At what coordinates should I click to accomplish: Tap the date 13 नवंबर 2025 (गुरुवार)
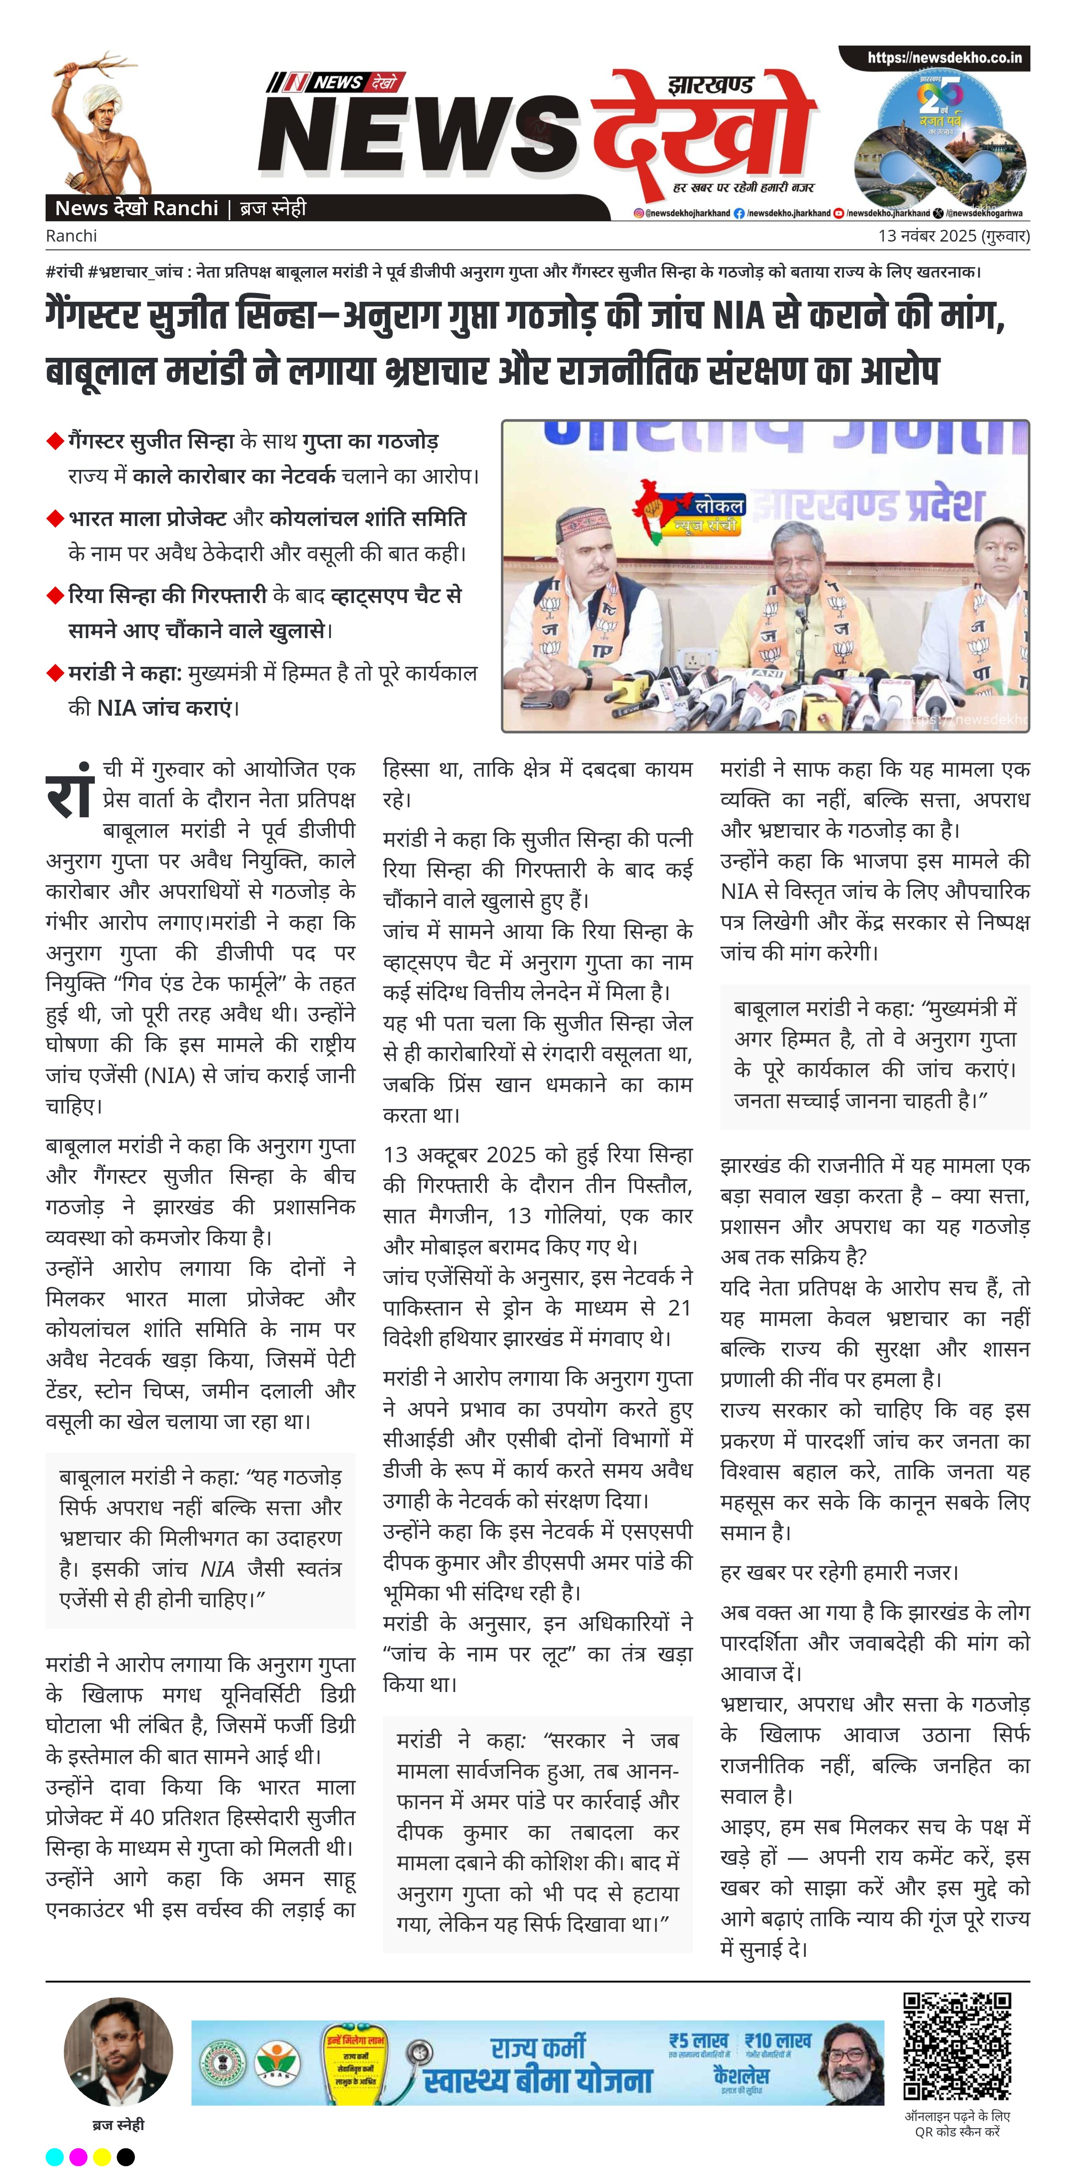pos(953,236)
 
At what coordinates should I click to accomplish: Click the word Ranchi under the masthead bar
pos(72,236)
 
